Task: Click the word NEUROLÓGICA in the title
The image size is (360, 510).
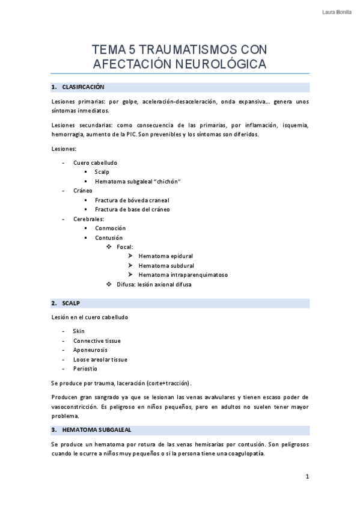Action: tap(220, 63)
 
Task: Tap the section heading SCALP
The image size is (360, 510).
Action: tap(71, 303)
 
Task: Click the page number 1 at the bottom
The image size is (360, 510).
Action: tap(307, 477)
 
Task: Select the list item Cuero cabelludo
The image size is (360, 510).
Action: tap(95, 162)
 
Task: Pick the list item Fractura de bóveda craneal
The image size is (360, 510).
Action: tap(132, 200)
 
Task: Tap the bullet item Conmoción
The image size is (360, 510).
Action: tap(110, 228)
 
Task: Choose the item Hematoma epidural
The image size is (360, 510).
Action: tap(165, 256)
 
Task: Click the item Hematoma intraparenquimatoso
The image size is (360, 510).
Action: tap(183, 274)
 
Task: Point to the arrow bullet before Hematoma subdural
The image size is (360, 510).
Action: tap(130, 265)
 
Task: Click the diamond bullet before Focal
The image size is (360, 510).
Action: tap(109, 247)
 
